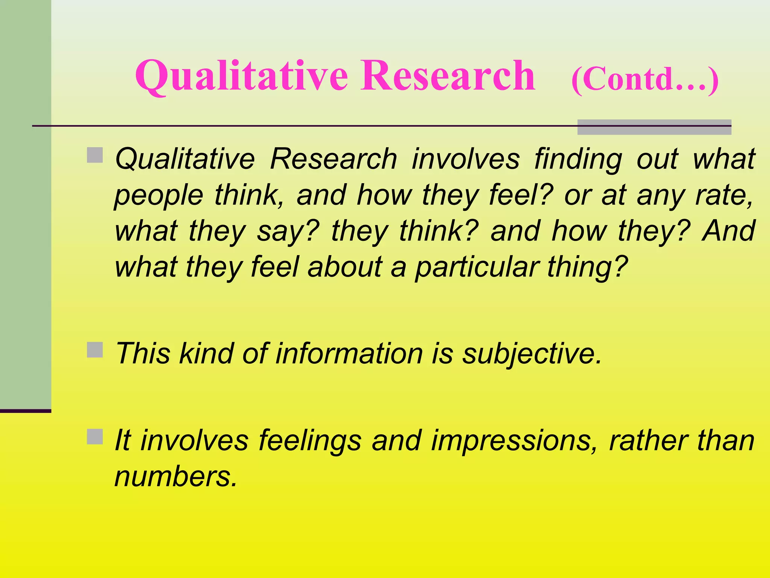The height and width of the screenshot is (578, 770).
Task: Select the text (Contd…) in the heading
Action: (645, 79)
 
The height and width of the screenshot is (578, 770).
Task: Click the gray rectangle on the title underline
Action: (654, 127)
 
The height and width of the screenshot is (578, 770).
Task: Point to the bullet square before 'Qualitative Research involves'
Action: (95, 155)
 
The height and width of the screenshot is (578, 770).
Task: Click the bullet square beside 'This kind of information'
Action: (95, 350)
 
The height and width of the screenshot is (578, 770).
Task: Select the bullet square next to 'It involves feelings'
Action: (95, 437)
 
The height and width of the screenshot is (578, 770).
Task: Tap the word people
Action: (158, 196)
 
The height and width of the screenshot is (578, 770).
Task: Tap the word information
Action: (349, 354)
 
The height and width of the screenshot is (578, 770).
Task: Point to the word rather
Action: (649, 440)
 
